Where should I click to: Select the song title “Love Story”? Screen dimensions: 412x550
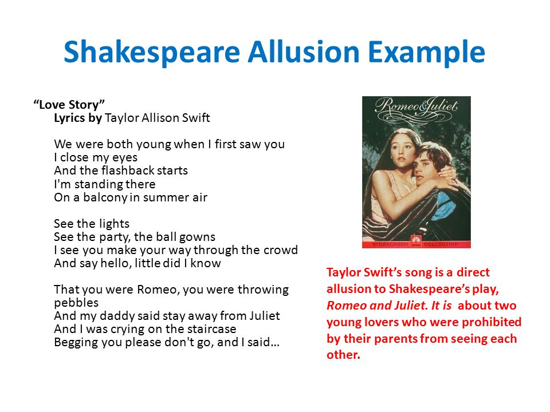[x=69, y=105]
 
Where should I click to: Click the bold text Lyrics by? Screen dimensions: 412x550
[x=78, y=118]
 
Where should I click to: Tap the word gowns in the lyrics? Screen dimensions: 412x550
[x=197, y=237]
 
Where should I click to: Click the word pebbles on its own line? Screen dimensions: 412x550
[x=76, y=302]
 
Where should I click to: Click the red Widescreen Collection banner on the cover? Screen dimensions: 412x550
[x=416, y=244]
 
